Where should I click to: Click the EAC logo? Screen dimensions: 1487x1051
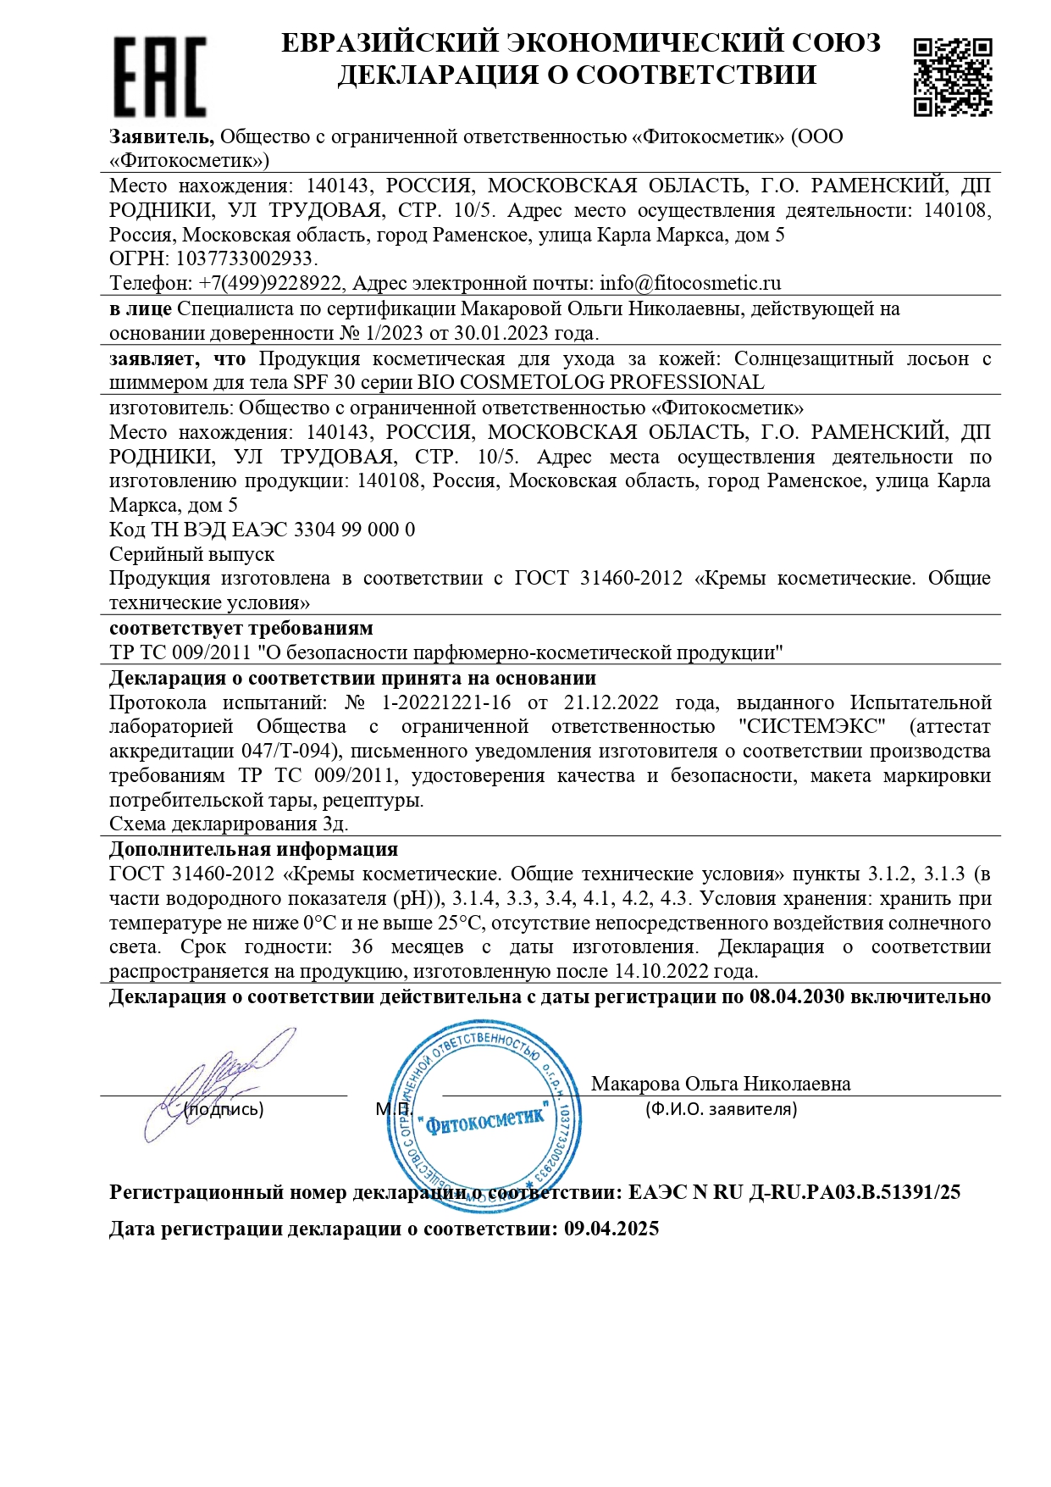(160, 76)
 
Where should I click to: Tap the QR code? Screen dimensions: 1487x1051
(952, 76)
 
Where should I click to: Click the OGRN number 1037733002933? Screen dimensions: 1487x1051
(246, 258)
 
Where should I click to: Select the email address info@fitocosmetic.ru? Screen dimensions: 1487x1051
(690, 283)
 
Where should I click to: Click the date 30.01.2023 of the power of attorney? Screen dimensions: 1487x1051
(501, 333)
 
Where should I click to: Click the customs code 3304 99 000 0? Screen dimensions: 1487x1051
(354, 530)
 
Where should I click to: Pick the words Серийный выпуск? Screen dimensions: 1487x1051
(192, 554)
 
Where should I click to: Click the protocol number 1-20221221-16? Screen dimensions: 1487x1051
(446, 702)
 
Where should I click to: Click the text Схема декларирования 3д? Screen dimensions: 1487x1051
(229, 824)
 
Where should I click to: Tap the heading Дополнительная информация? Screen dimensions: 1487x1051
(253, 849)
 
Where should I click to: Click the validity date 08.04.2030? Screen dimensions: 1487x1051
(797, 996)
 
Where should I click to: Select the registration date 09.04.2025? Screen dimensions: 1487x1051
(611, 1229)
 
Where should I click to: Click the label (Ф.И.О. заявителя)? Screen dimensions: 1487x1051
(721, 1109)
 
